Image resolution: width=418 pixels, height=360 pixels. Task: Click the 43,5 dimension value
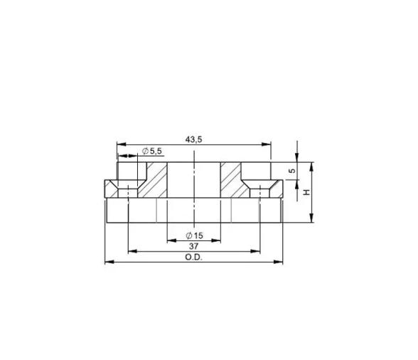(194, 139)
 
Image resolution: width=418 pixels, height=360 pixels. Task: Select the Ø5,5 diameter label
(151, 152)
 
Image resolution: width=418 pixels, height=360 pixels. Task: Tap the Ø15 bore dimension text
(194, 235)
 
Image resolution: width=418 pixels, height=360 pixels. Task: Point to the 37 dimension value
(194, 245)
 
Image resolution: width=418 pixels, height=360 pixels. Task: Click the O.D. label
(194, 258)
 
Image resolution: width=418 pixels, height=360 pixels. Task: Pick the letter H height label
(307, 192)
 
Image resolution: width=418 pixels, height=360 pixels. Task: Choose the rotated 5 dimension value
(292, 171)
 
